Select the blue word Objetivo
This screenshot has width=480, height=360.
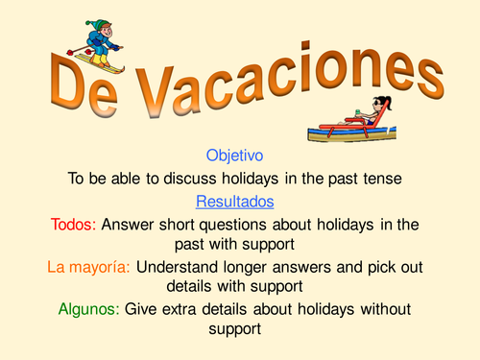(234, 154)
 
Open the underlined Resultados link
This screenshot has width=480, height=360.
(234, 202)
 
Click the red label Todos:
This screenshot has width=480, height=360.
(73, 226)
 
